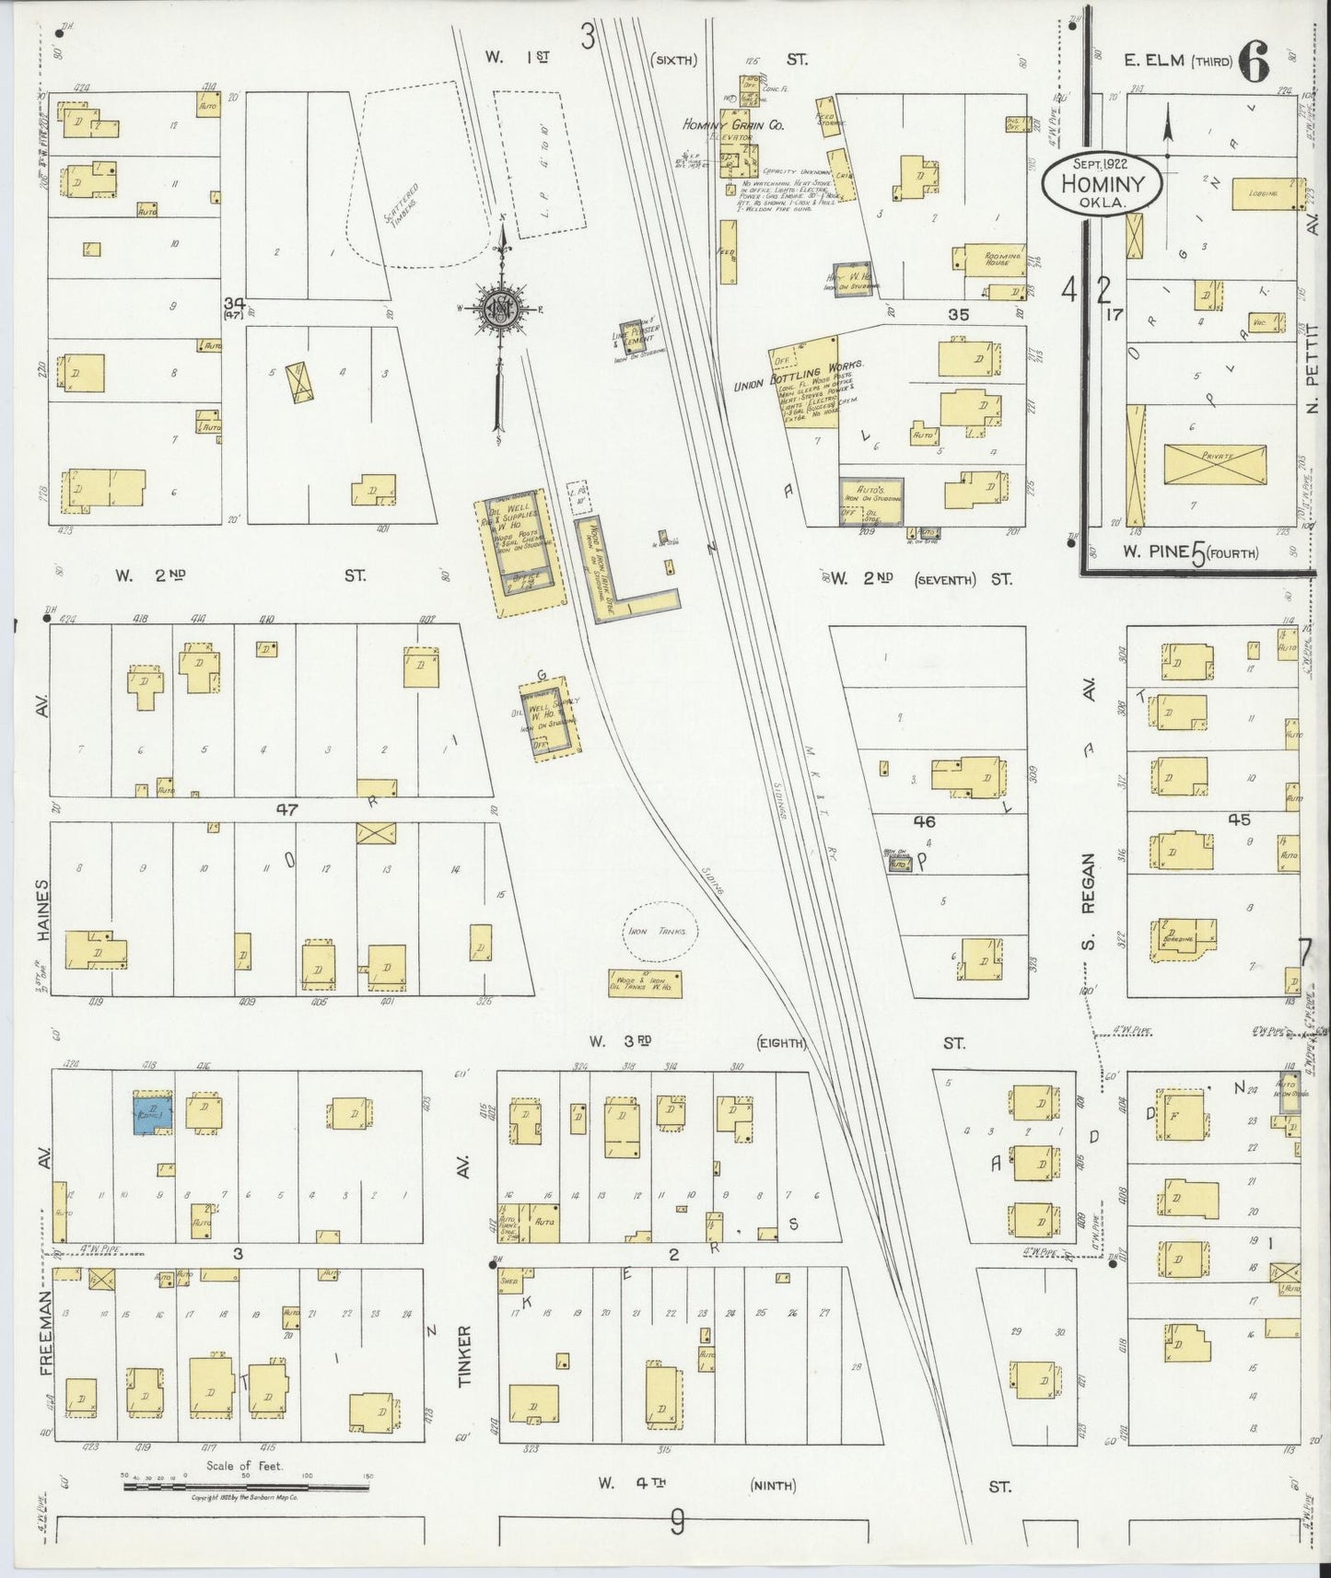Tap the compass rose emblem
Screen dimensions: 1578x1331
498,310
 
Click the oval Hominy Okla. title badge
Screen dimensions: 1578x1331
1101,181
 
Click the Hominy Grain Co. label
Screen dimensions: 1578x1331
733,124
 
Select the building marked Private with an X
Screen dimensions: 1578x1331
1215,464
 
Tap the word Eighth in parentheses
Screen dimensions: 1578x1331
781,1043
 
